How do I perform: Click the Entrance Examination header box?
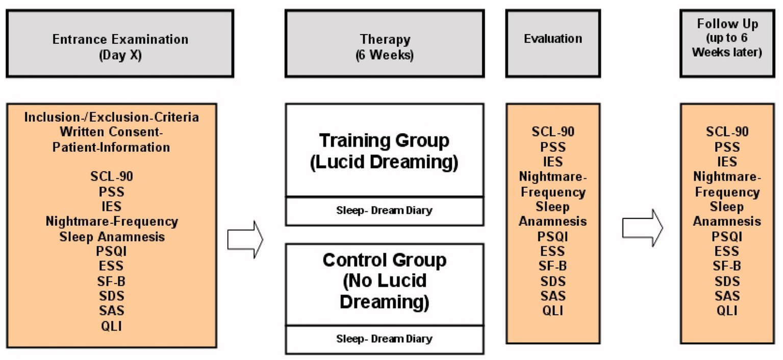point(120,44)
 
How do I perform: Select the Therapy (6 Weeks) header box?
point(384,44)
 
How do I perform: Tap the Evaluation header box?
point(552,44)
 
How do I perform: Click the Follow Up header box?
point(727,44)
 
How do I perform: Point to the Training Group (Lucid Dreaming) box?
point(384,151)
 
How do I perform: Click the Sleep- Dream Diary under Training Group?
point(384,211)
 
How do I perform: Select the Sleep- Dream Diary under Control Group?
point(384,339)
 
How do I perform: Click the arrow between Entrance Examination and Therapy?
point(245,239)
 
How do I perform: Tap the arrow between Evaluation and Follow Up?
point(642,227)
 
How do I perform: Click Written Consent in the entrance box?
point(111,132)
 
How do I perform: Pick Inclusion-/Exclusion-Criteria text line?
point(111,117)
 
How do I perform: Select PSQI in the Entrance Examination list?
point(111,251)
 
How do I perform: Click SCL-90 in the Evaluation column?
point(552,132)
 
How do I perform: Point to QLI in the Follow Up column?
point(727,311)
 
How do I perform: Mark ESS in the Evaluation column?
point(552,251)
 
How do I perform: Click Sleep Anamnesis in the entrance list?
point(112,237)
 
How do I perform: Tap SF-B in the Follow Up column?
point(727,266)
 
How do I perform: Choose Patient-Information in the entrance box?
point(111,147)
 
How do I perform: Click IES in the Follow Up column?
point(727,162)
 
